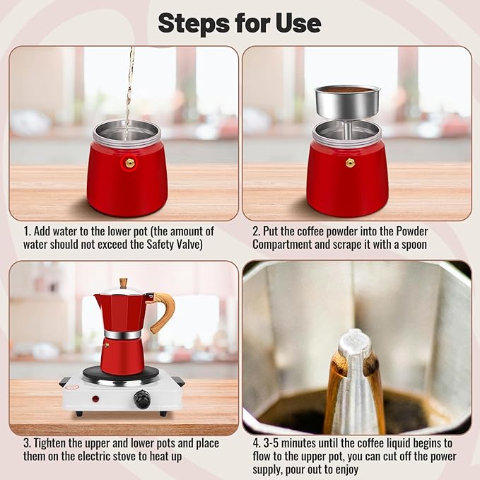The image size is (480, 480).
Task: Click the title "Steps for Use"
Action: coord(240,23)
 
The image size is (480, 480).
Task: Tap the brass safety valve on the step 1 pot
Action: coord(129,162)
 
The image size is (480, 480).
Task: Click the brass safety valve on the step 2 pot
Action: coord(350,163)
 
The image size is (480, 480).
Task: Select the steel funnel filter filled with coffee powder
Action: coord(346,103)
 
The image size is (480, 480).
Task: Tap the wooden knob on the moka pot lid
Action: coord(124,283)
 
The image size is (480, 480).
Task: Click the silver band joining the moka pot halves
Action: coord(122,334)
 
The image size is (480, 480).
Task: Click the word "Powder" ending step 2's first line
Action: coord(411,231)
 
